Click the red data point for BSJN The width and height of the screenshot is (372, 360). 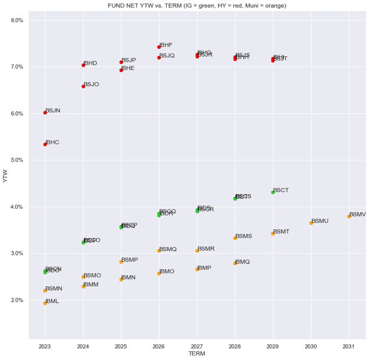point(45,112)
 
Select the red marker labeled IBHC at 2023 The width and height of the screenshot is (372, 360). point(45,144)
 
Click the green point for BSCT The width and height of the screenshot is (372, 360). point(273,192)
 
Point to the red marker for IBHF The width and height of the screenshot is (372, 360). point(159,47)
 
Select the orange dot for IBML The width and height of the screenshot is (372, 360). point(45,303)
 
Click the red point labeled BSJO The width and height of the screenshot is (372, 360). point(83,86)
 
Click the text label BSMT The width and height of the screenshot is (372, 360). point(281,231)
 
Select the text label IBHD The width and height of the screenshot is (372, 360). point(90,63)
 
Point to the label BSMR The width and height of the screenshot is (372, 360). point(206,249)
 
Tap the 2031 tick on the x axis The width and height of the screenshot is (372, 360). point(349,346)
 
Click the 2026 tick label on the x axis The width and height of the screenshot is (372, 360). point(159,346)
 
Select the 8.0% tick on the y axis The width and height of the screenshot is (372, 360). point(17,20)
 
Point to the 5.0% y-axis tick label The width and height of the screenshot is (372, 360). point(17,160)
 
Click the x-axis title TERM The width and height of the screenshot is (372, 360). point(197,353)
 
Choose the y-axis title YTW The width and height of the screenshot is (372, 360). point(6,176)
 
